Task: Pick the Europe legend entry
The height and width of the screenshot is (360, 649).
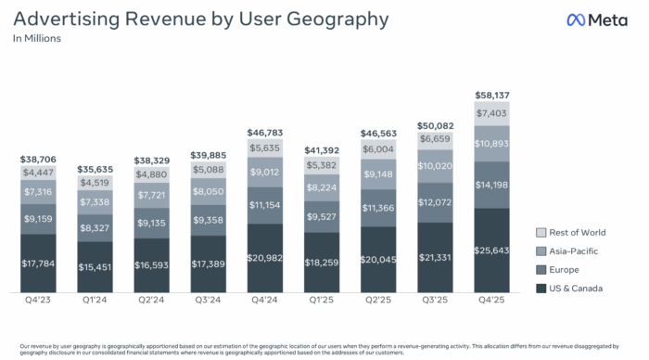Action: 559,269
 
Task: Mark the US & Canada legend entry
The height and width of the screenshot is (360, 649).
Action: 569,289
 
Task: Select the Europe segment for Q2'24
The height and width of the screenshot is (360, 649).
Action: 153,223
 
